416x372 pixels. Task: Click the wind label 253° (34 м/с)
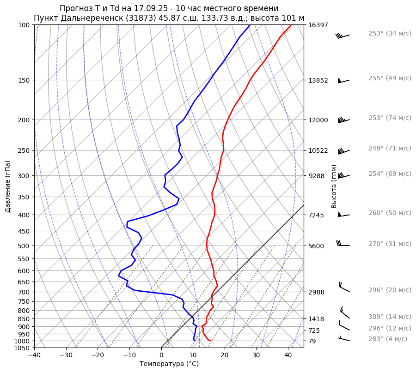390,33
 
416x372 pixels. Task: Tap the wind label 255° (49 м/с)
390,78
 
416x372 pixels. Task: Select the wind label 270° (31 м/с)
390,244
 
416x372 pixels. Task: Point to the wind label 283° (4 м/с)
388,339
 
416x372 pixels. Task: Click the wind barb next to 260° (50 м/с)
343,215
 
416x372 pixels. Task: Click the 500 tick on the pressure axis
24,246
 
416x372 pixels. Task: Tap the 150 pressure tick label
24,80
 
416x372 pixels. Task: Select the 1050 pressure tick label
22,348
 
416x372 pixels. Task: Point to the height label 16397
318,25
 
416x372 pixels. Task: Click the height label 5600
316,246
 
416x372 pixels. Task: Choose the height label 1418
316,319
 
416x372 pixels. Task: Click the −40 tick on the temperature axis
34,355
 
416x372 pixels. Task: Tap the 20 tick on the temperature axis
225,355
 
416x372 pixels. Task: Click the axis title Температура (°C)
169,364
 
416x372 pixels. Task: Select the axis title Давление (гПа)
8,186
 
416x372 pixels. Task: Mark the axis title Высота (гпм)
334,186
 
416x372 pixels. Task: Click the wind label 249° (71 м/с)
390,148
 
